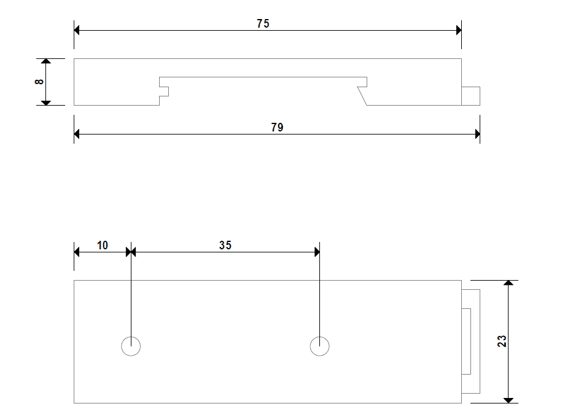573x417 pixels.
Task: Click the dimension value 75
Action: (x=263, y=23)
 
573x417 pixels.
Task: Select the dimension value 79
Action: (x=277, y=127)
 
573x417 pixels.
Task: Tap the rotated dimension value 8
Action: (x=40, y=82)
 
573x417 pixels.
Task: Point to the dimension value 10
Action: (x=103, y=245)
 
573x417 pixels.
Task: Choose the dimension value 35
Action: (x=225, y=245)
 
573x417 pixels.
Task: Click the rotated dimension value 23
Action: (x=502, y=341)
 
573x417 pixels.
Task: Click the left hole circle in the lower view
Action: (x=131, y=346)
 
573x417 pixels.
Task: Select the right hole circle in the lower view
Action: (x=319, y=346)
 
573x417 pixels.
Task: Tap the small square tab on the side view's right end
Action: (x=470, y=96)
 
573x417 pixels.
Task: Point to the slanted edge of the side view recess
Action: (x=362, y=96)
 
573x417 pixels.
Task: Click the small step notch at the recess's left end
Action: (x=165, y=91)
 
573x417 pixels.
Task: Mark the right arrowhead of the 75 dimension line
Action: (x=458, y=29)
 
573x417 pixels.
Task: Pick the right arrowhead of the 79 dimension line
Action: (x=476, y=133)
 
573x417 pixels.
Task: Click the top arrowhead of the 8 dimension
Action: (x=45, y=62)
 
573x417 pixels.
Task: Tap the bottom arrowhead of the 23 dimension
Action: (x=508, y=400)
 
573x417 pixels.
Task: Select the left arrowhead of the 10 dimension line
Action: (x=77, y=252)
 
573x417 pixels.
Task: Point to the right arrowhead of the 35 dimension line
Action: (x=316, y=252)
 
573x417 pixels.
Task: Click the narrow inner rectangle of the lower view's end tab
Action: (x=466, y=341)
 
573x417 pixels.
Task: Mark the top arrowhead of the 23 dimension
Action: (x=508, y=284)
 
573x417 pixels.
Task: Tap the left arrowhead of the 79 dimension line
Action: (x=77, y=133)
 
